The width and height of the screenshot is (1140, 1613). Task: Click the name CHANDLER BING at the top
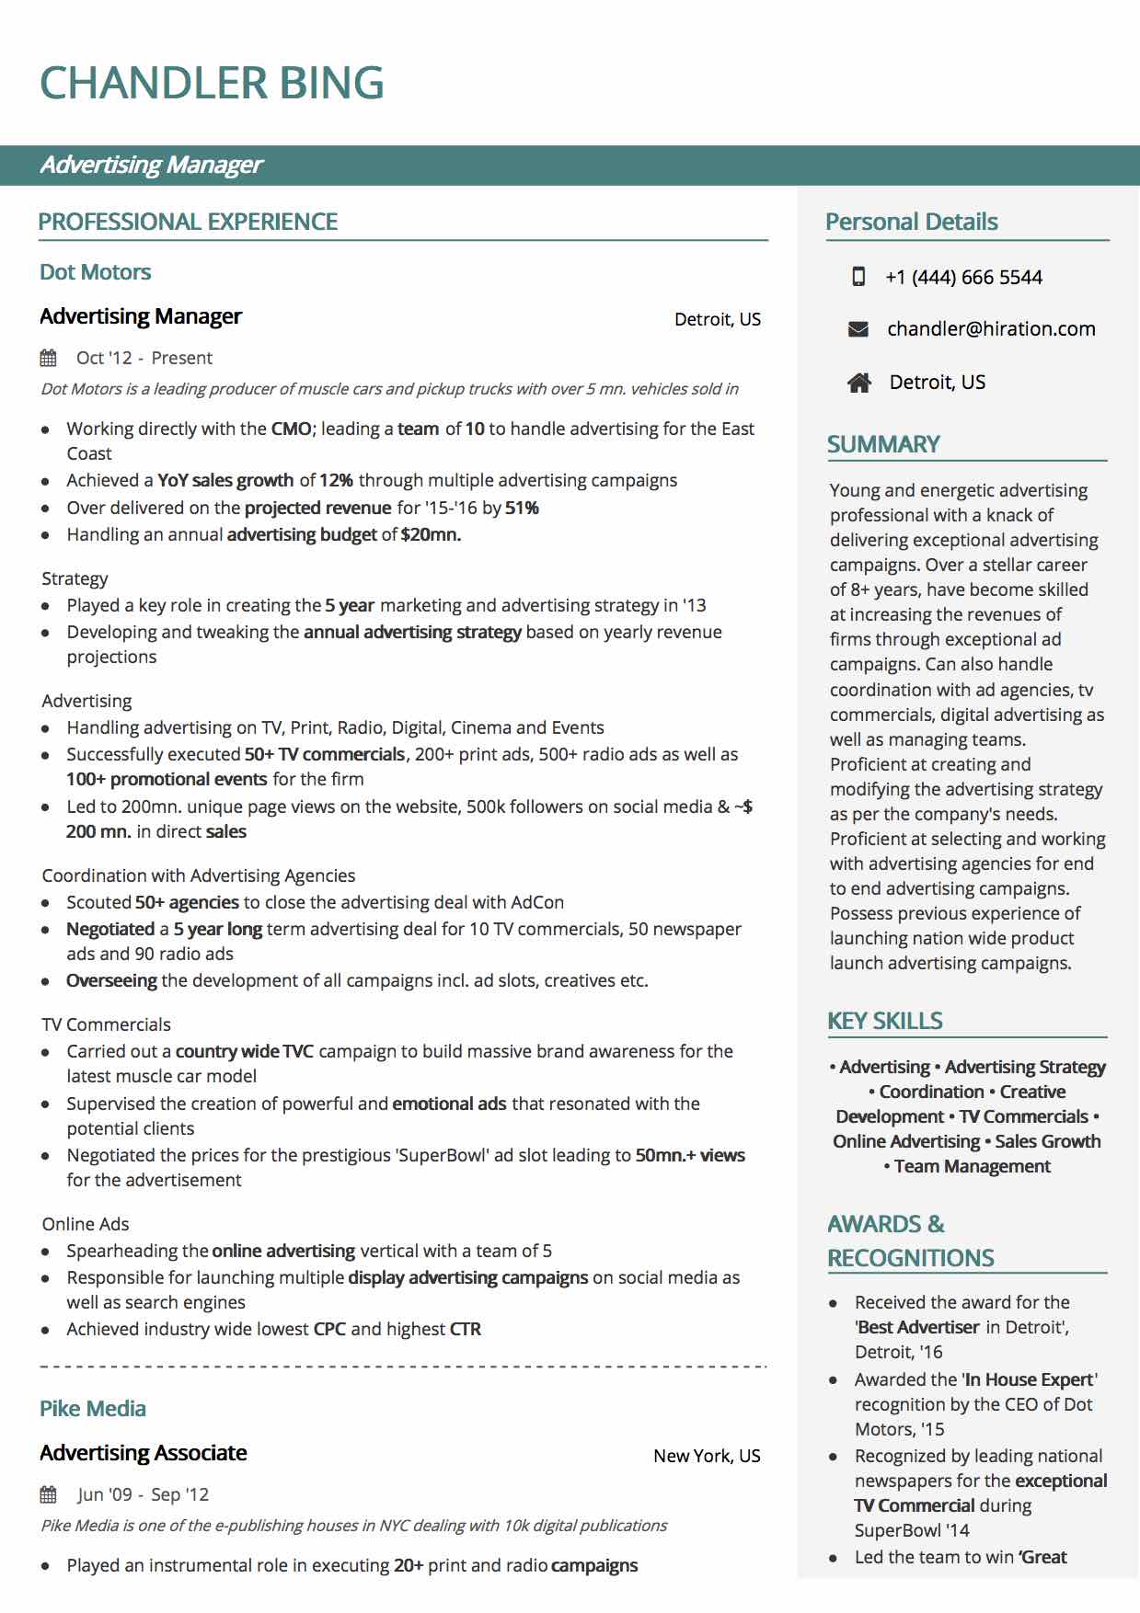[212, 83]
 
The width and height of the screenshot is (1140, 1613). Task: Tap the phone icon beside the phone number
[858, 277]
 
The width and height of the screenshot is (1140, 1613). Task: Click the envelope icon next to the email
[858, 329]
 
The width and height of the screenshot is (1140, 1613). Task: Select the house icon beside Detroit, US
[859, 383]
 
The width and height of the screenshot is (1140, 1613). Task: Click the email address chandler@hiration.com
[991, 329]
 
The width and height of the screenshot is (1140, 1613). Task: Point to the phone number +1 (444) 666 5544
[963, 278]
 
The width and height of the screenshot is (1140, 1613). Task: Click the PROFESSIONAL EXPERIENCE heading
[188, 222]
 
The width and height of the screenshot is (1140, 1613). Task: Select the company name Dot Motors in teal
[95, 272]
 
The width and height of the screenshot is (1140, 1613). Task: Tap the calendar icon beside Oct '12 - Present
[49, 358]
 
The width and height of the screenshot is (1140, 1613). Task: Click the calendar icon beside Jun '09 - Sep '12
[49, 1494]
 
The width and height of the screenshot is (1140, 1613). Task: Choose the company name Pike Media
[93, 1409]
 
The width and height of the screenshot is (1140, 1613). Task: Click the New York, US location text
[707, 1456]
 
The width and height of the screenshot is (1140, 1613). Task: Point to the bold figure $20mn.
[431, 534]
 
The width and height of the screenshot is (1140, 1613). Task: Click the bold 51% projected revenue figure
[522, 508]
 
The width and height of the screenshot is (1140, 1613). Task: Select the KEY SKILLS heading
[884, 1021]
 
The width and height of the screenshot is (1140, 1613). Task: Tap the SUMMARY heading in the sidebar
[883, 444]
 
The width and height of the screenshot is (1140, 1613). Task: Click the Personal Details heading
[911, 222]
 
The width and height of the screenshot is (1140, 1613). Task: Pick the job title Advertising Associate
[144, 1453]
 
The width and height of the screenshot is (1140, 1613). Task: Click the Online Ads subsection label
[86, 1224]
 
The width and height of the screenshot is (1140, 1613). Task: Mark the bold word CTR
[466, 1329]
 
